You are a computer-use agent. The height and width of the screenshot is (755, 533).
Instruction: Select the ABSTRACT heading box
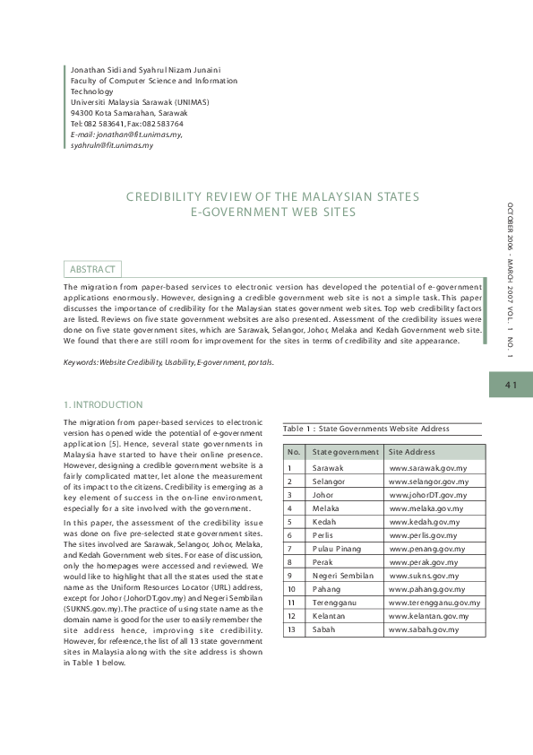click(93, 269)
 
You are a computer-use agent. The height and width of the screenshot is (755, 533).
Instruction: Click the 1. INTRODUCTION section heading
click(103, 404)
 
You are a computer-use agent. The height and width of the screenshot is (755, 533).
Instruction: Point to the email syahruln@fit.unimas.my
click(112, 144)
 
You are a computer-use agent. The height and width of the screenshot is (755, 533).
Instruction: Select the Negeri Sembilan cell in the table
click(342, 576)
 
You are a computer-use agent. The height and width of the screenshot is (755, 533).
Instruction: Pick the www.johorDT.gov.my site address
click(428, 495)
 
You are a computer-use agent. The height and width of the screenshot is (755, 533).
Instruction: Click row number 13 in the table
click(291, 629)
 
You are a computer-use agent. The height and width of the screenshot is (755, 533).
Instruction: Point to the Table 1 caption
click(366, 429)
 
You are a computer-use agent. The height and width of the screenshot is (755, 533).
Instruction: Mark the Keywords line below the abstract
click(168, 361)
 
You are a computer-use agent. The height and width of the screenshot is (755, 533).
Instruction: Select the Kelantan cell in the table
click(331, 616)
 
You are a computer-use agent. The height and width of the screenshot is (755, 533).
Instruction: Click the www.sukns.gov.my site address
click(424, 576)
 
